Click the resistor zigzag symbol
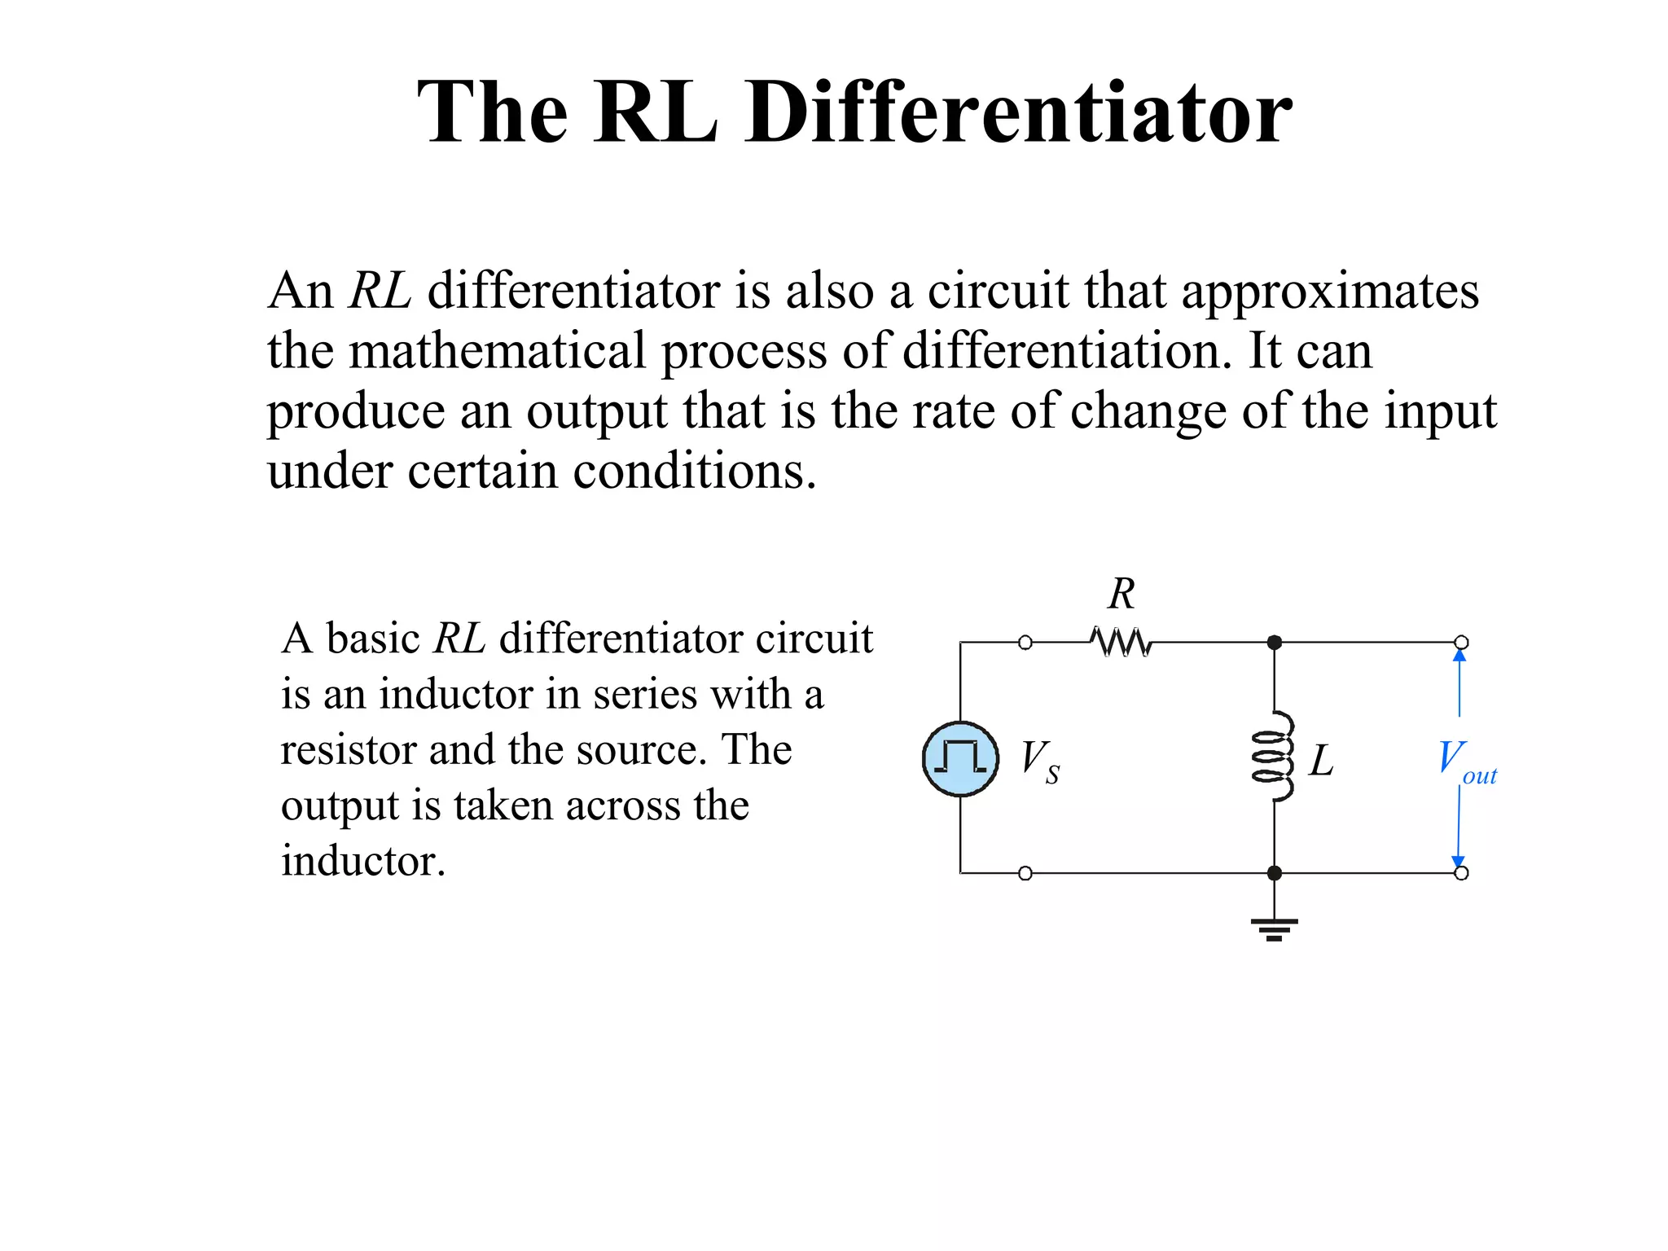tap(1121, 642)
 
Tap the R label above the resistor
tap(1122, 594)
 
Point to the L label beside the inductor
tap(1321, 762)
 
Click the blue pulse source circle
tap(960, 758)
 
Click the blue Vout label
tap(1465, 760)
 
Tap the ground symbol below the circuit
tap(1275, 928)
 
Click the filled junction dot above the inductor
tap(1275, 643)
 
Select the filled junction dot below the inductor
tap(1275, 873)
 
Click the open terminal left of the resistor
tap(1025, 643)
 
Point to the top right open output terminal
tap(1462, 643)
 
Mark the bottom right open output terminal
tap(1462, 873)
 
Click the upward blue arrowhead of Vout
tap(1459, 656)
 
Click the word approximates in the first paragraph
tap(1330, 291)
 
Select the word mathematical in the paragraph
tap(497, 351)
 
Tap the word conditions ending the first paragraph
tap(693, 471)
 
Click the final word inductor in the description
tap(362, 861)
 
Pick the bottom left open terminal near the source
tap(1025, 873)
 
